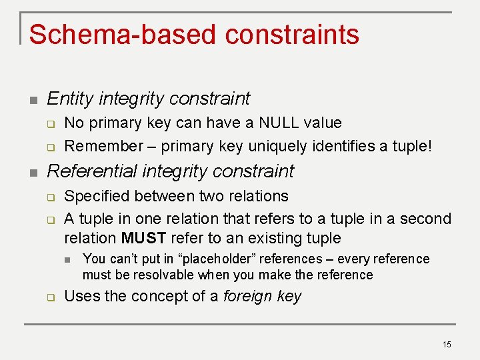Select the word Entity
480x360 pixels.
click(x=69, y=99)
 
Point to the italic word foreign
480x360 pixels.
click(x=247, y=296)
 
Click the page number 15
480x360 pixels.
click(x=447, y=344)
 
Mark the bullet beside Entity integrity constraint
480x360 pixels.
click(x=33, y=100)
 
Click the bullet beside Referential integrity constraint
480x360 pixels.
click(x=33, y=173)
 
